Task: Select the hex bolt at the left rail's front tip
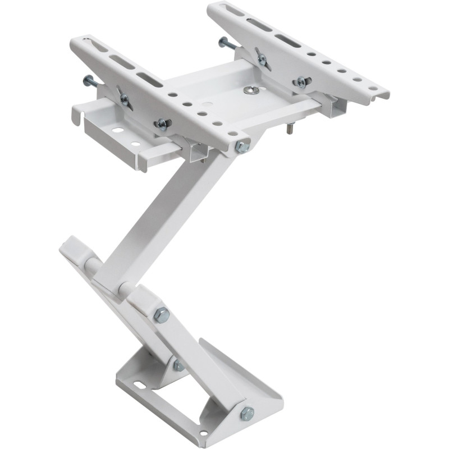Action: point(242,147)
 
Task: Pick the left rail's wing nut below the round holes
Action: point(162,123)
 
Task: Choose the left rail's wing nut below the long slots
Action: point(123,99)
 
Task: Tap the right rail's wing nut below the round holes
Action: point(301,81)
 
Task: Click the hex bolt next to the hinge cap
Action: point(162,315)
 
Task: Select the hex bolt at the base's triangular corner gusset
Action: point(246,413)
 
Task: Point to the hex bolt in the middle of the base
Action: point(178,365)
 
